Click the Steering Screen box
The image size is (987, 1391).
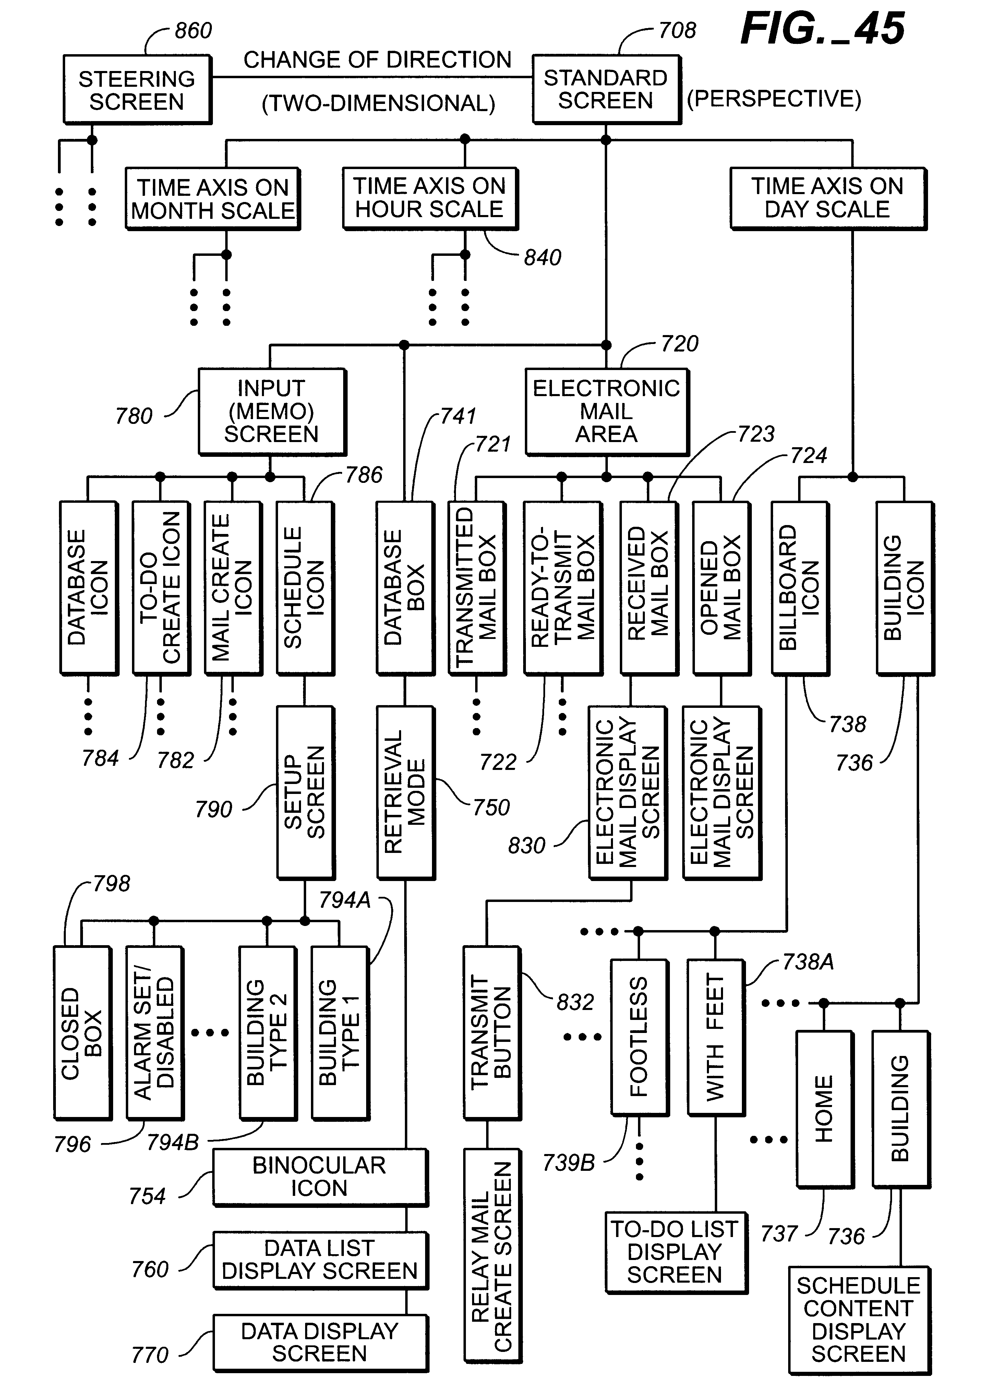click(137, 90)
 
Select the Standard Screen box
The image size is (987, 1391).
click(605, 90)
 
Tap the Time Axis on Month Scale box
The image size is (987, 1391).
click(213, 199)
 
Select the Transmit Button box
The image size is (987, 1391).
click(492, 1032)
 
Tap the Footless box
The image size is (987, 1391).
click(639, 1037)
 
